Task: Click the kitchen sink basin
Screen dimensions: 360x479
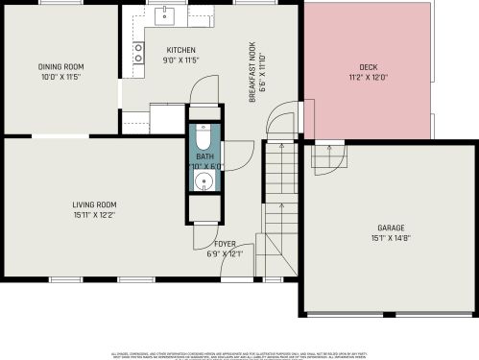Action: click(x=165, y=13)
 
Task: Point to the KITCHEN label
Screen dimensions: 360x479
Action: click(x=180, y=50)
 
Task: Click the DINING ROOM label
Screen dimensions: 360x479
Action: click(x=57, y=67)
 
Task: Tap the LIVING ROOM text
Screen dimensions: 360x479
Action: click(x=94, y=204)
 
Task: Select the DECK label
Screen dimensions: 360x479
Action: click(x=369, y=67)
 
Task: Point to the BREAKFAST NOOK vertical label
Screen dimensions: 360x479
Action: click(x=252, y=72)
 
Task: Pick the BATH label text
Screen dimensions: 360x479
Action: click(x=205, y=156)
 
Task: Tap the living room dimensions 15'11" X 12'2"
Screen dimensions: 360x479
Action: click(x=94, y=214)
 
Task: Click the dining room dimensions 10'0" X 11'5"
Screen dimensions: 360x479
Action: click(x=57, y=77)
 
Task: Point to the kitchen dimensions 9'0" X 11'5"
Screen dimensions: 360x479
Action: click(x=180, y=60)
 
